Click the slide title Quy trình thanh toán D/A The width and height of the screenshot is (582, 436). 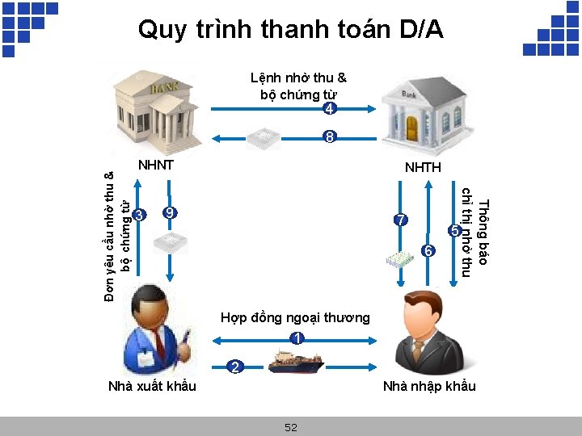291,30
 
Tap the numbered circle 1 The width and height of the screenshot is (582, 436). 297,338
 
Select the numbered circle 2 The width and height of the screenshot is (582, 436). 234,367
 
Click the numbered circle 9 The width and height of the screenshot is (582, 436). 170,213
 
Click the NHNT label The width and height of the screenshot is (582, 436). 156,166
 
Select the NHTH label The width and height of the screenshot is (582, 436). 423,168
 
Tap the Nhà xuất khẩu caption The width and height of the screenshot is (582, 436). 152,386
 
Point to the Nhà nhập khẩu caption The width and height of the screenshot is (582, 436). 429,386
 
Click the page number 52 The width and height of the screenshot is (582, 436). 291,427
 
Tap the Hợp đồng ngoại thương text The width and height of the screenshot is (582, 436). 295,317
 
